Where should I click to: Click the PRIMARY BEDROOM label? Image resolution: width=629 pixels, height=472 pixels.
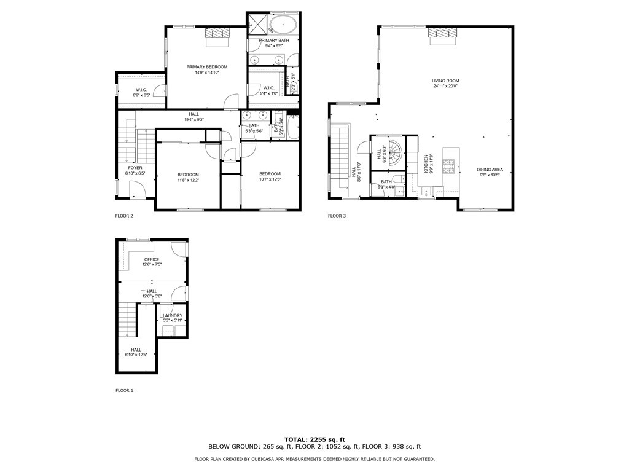coord(207,66)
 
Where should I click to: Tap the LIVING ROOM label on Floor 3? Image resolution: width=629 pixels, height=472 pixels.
coord(445,81)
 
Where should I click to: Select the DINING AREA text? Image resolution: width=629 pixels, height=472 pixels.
coord(490,169)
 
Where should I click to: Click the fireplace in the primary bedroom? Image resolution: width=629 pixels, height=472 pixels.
coord(216,36)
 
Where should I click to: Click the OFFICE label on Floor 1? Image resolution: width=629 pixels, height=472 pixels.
coord(151,259)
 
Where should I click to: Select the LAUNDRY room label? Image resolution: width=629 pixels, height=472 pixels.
coord(173,315)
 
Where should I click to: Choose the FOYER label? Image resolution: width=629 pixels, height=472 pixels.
coord(135,168)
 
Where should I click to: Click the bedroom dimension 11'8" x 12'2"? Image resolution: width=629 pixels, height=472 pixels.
coord(188,180)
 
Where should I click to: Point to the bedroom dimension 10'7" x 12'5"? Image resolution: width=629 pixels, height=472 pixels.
coord(270,179)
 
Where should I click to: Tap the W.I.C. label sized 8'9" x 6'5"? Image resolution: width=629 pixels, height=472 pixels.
coord(142,95)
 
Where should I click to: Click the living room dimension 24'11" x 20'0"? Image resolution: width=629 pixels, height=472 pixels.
coord(445,86)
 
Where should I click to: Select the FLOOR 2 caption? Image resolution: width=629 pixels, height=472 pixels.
coord(124,216)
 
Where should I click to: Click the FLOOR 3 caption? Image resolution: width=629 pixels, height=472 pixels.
coord(337,216)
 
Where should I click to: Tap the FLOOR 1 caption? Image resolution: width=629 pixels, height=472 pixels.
coord(124,390)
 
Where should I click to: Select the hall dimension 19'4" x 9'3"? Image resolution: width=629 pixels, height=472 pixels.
coord(193,119)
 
